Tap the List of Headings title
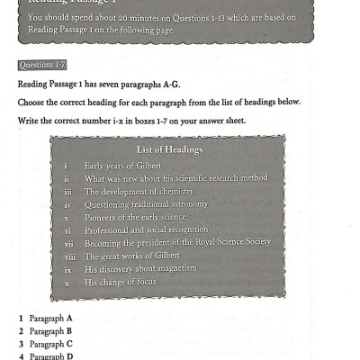point(169,149)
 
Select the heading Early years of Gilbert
point(124,166)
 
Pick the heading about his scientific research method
point(175,179)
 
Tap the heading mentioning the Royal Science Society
point(177,243)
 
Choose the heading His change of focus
point(120,282)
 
